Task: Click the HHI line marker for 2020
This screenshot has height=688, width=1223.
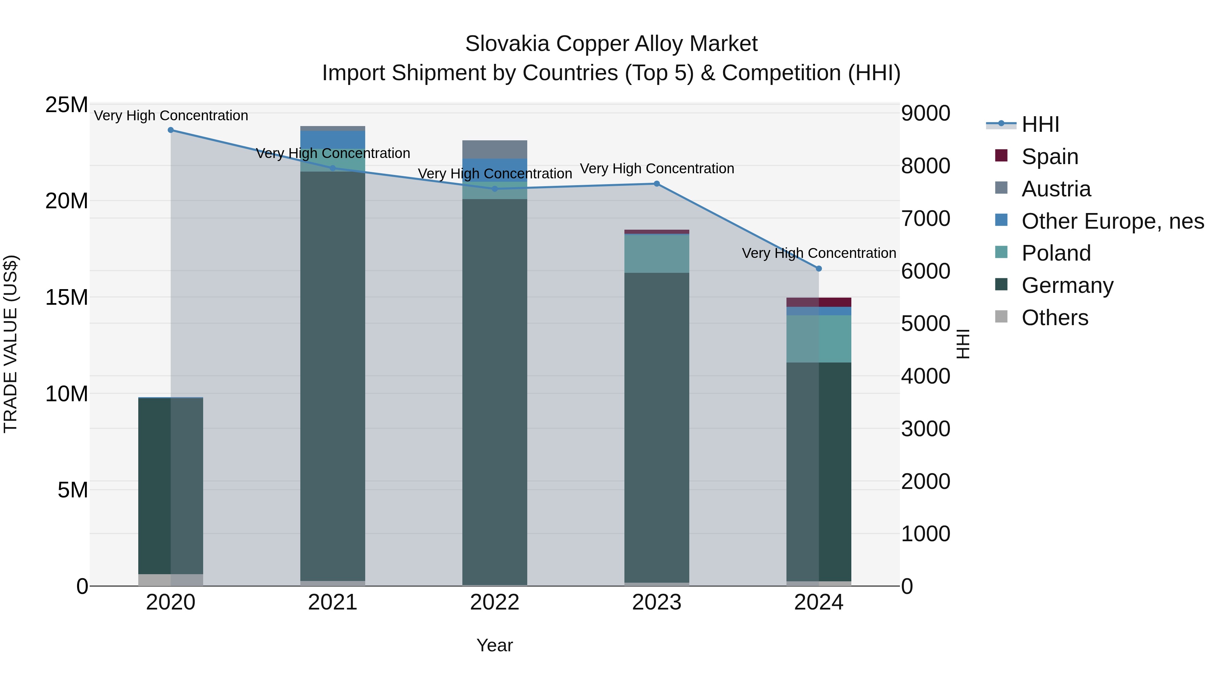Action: click(171, 130)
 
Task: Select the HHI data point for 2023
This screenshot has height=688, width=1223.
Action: click(657, 184)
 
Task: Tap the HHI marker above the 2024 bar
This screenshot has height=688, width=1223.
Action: click(818, 269)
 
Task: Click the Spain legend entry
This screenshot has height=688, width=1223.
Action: click(1050, 157)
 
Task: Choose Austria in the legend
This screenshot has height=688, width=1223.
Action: click(1056, 189)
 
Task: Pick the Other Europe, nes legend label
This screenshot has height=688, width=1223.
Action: click(1112, 221)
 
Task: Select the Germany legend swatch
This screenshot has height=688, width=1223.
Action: click(1001, 285)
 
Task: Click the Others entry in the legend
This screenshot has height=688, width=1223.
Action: click(1054, 318)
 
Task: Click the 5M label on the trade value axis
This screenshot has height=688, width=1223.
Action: click(73, 490)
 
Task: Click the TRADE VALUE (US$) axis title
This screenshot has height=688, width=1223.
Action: click(11, 344)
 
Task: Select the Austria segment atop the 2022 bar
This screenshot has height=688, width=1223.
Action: click(494, 149)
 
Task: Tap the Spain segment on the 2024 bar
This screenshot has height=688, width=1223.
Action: click(818, 302)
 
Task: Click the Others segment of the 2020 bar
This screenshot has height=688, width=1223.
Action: click(171, 580)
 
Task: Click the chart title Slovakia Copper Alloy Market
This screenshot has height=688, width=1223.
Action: click(611, 44)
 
